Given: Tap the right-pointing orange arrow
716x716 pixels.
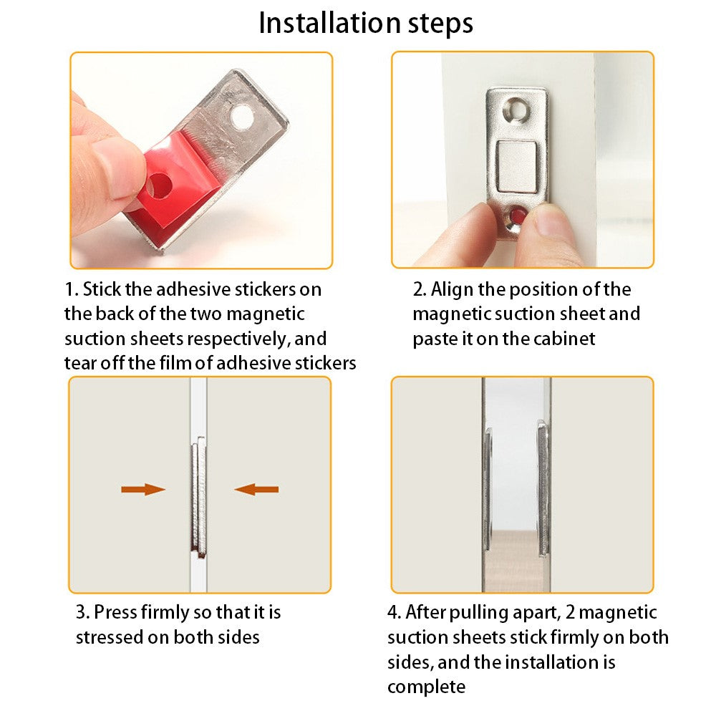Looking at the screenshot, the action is coord(143,490).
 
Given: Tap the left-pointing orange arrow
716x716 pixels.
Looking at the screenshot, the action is coord(256,490).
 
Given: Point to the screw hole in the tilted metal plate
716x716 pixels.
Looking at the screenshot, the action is coord(241,117).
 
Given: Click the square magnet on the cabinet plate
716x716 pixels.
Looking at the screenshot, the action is coord(517,166).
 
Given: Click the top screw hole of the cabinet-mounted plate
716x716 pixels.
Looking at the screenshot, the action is coord(516,109).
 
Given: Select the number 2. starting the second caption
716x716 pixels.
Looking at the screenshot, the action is coord(420,289).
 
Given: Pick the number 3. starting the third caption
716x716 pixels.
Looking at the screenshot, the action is coord(83,612).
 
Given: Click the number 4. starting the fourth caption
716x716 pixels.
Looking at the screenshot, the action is coord(395,612).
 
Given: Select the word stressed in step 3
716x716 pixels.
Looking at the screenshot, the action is coord(109,637).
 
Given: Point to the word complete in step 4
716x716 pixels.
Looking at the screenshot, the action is coord(426,687).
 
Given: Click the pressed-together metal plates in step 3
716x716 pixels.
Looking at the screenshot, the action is coord(198,497).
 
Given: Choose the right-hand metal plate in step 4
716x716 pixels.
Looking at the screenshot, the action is coord(543,488).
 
